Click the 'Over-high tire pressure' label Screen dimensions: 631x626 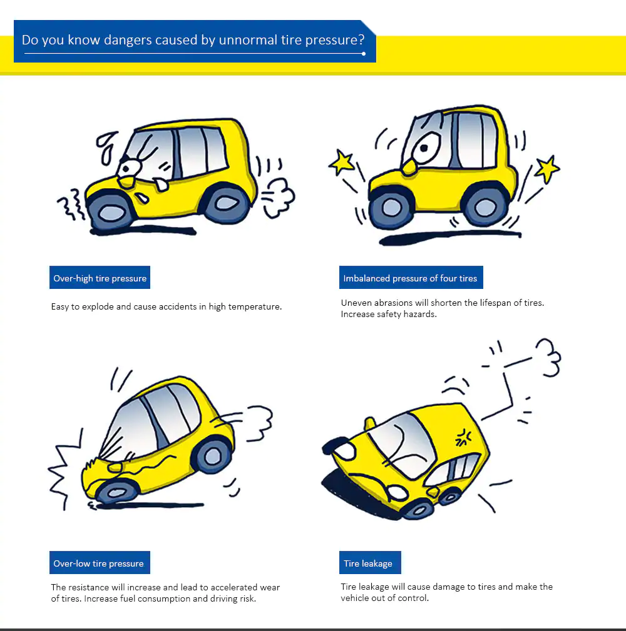[100, 278]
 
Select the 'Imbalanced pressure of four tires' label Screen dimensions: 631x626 [410, 278]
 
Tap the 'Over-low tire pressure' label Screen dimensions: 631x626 [99, 563]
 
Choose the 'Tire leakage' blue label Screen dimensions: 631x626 [368, 563]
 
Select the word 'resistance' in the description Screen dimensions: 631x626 [91, 587]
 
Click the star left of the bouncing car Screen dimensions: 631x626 [342, 163]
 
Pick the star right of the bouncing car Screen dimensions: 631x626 [546, 168]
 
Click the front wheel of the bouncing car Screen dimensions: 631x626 [391, 207]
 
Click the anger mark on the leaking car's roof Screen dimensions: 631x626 [464, 436]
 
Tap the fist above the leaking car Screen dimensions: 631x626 [548, 357]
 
